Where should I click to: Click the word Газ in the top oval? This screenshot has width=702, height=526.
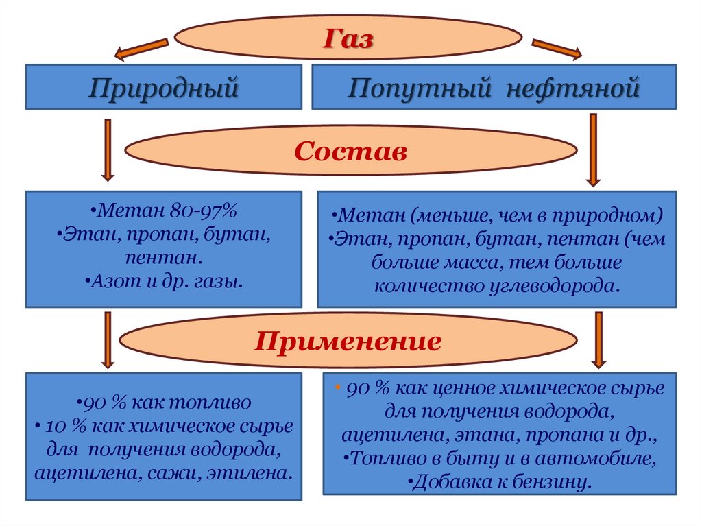[349, 38]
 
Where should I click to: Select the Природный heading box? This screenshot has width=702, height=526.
[164, 87]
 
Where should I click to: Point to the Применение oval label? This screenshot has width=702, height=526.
[348, 341]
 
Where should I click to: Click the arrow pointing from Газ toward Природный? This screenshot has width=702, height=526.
[141, 49]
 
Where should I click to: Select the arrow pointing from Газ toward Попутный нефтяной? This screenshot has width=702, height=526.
[557, 49]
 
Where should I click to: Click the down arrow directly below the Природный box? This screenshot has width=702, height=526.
[108, 149]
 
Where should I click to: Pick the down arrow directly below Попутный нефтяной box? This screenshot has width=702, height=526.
[593, 150]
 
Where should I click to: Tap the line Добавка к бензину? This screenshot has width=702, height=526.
[499, 481]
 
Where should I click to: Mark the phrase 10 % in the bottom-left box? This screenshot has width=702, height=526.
[63, 426]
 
